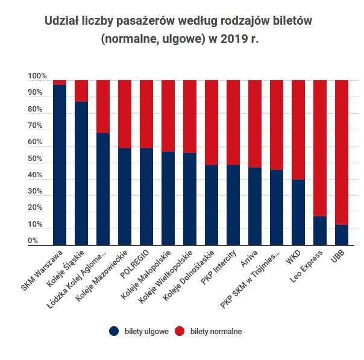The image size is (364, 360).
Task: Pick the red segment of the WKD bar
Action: [298, 130]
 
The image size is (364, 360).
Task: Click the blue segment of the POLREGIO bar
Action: [146, 197]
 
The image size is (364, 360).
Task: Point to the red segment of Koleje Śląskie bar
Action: [81, 91]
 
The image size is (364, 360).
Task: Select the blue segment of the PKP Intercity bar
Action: [233, 205]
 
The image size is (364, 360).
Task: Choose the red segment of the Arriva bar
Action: [255, 124]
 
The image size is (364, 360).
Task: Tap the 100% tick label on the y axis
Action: [36, 77]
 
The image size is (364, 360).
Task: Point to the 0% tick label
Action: [33, 241]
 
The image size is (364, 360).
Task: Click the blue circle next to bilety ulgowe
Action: [114, 330]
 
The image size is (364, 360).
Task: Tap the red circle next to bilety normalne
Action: [179, 330]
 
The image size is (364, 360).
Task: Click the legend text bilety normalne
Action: [216, 331]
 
